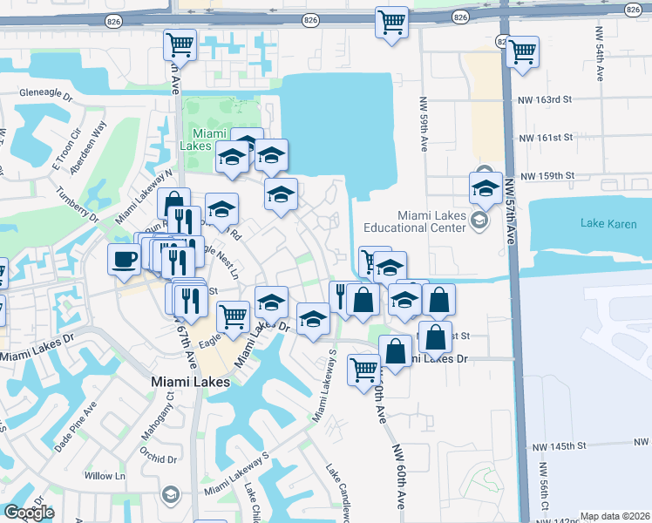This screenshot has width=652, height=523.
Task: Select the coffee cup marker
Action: coord(124,258)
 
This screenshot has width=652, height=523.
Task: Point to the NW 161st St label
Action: coord(546,138)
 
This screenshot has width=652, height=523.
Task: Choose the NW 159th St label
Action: coord(547,175)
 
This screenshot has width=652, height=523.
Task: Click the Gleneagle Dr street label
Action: coord(44,92)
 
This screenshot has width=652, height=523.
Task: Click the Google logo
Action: coord(29,513)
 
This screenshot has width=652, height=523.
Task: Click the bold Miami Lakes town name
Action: coord(190,382)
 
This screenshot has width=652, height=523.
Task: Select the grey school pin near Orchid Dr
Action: coord(169,495)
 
